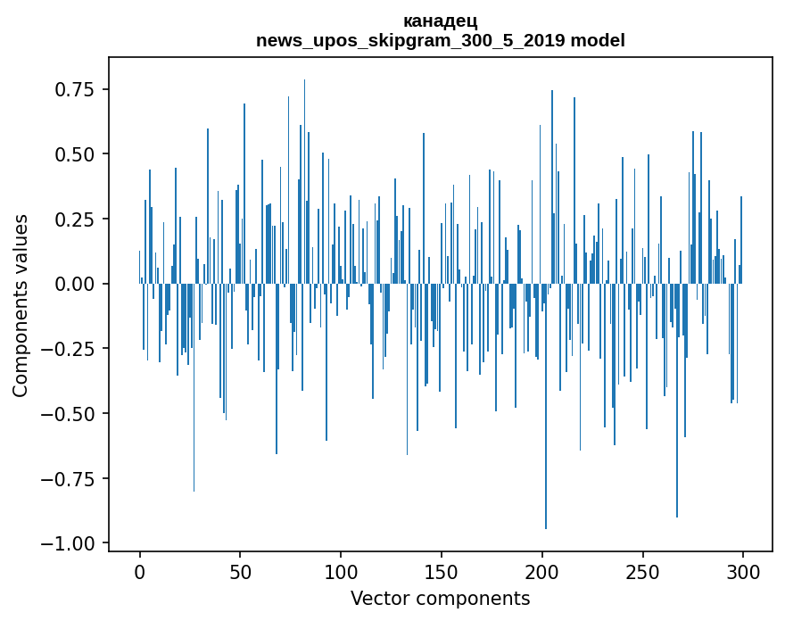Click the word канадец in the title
[x=440, y=21]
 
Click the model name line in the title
[x=440, y=40]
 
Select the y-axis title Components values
[x=20, y=305]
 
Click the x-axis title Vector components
[x=440, y=599]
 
